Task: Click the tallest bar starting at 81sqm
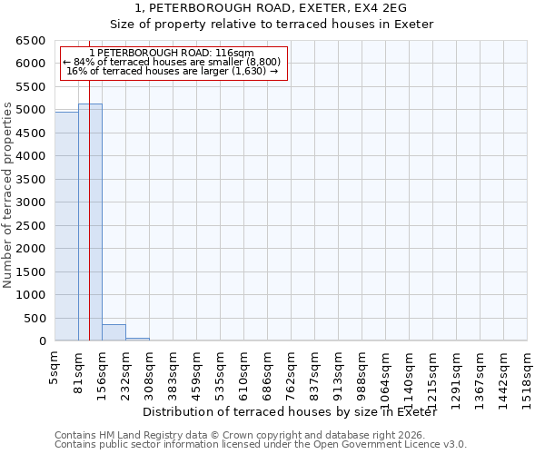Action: coord(90,222)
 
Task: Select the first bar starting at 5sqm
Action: coord(66,226)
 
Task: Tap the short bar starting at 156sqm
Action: coord(114,332)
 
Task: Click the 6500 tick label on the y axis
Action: coord(31,41)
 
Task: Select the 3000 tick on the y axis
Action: coord(31,202)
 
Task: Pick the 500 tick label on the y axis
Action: coord(35,319)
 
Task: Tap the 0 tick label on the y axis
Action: coord(42,341)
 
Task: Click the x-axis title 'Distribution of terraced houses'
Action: coord(290,412)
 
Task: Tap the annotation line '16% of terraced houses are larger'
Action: coord(173,71)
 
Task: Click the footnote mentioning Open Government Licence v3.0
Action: coord(261,445)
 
